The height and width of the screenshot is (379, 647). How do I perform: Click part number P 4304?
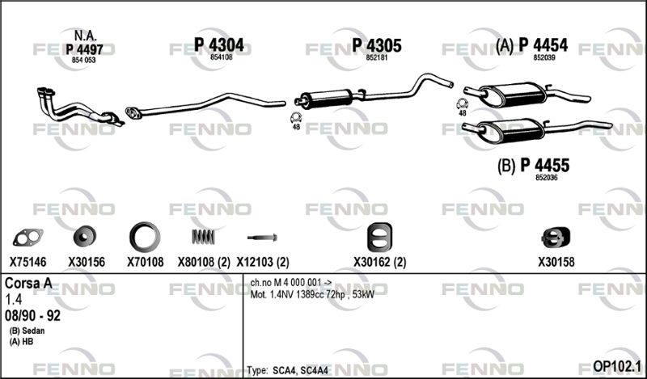(x=218, y=45)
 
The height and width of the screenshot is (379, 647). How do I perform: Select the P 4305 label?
(x=377, y=45)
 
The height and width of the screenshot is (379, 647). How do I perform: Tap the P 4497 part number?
(x=84, y=49)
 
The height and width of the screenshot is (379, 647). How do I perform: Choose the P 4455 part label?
(x=543, y=166)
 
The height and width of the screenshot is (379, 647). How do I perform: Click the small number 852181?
(x=377, y=58)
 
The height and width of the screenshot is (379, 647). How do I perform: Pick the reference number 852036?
(x=546, y=179)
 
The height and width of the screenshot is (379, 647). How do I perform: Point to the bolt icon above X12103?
(x=263, y=238)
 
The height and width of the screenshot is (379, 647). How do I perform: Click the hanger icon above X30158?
(x=553, y=237)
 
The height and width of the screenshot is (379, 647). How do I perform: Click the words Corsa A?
(x=28, y=284)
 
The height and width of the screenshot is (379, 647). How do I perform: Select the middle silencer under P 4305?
(x=325, y=99)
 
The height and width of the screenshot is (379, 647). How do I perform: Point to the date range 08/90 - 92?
(x=32, y=314)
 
